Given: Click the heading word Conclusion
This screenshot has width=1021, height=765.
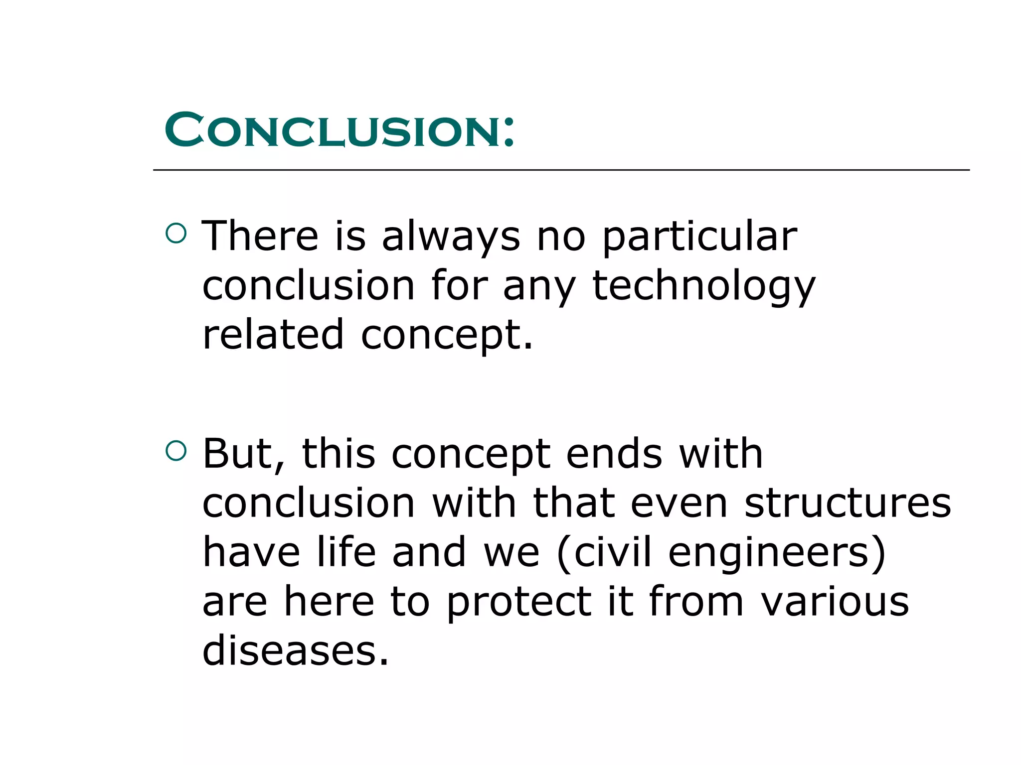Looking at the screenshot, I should click(332, 130).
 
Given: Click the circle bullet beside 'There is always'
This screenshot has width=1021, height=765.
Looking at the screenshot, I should click(176, 233).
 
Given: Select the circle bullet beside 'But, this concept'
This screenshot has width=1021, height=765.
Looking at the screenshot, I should click(176, 451).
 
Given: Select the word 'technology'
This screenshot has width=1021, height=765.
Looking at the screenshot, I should click(703, 286).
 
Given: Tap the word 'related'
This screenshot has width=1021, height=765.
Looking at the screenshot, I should click(273, 335).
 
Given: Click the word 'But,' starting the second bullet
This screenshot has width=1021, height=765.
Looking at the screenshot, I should click(244, 454).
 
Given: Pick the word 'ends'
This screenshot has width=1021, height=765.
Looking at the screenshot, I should click(614, 454).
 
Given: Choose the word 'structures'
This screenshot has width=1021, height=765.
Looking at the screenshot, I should click(848, 503).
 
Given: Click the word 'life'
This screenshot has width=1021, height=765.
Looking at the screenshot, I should click(346, 552).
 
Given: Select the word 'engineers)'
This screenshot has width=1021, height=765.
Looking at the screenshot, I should click(777, 552).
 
